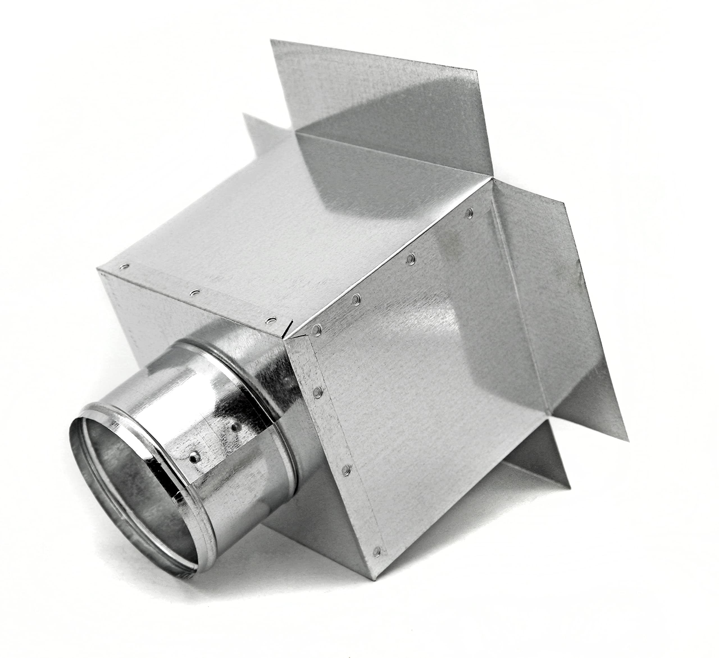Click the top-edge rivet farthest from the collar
click(x=124, y=266)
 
